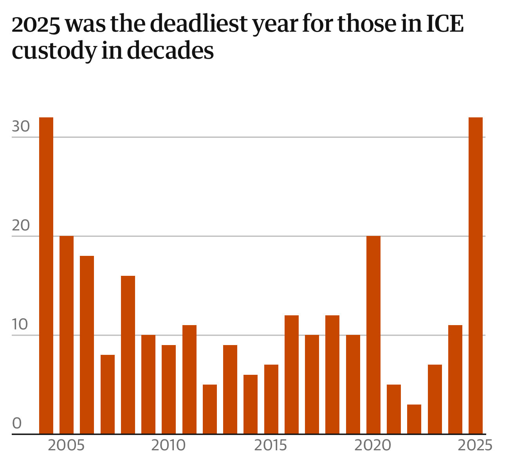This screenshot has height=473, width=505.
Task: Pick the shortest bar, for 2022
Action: point(414,419)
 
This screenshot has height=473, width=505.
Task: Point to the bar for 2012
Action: point(210,409)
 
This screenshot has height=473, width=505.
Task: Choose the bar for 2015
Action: point(271,399)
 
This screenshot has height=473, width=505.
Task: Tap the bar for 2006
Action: point(87,345)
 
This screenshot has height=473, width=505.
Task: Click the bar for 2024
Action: point(455,379)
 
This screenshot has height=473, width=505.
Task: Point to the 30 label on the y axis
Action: point(21,127)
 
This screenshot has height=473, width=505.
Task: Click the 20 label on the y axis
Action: point(21,226)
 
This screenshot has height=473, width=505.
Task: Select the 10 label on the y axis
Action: point(20,325)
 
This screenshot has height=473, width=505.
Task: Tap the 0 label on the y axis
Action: point(17,423)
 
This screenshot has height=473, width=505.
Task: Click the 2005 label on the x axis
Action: point(66,445)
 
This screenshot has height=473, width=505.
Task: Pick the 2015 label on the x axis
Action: point(271,445)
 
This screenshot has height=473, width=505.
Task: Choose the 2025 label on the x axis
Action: point(475,445)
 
